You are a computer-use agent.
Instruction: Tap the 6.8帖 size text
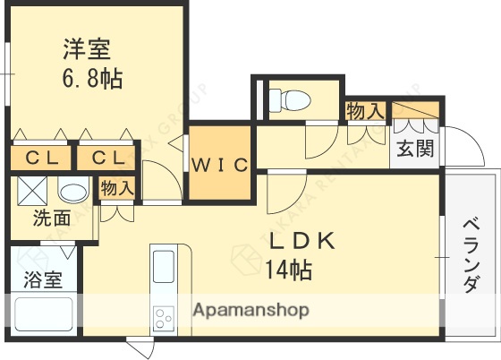[92, 78]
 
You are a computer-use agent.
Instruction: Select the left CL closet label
[41, 159]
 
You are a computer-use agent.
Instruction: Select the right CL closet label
[106, 159]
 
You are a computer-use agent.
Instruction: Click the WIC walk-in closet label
[219, 165]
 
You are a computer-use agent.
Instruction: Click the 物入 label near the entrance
[365, 111]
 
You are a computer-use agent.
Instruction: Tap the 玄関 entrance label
[417, 148]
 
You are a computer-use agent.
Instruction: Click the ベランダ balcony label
[471, 255]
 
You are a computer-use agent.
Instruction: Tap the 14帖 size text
[289, 269]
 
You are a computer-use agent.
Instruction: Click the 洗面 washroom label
[52, 217]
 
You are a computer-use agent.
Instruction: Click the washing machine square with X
[33, 191]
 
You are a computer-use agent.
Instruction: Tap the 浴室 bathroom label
[42, 279]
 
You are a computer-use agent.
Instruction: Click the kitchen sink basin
[164, 268]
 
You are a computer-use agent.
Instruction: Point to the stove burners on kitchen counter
[164, 317]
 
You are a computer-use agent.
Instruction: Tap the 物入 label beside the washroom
[117, 189]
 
